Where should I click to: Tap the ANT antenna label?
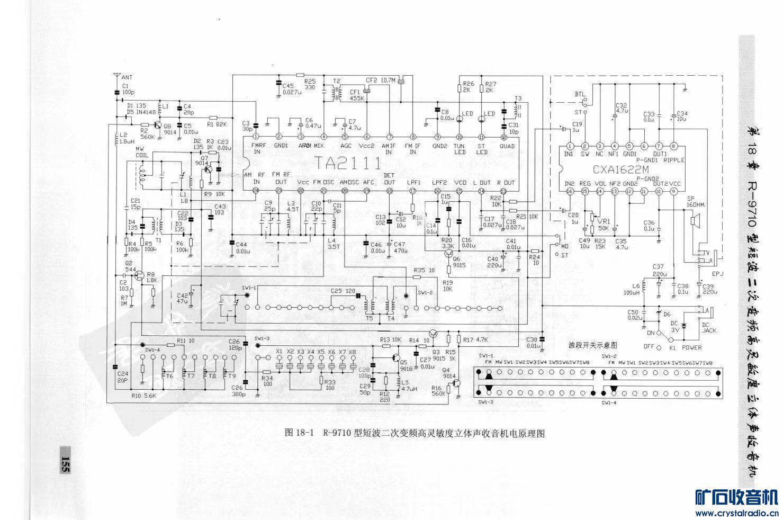(127, 77)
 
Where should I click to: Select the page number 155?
(65, 460)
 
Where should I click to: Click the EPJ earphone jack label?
(717, 274)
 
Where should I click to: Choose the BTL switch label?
(580, 94)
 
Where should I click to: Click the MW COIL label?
(142, 152)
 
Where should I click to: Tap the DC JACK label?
(709, 327)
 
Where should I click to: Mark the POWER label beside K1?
(691, 348)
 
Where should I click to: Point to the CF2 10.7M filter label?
(381, 80)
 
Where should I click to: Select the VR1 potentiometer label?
(602, 221)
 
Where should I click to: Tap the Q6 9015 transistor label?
(459, 262)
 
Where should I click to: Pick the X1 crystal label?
(279, 352)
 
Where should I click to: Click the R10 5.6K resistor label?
(143, 396)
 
